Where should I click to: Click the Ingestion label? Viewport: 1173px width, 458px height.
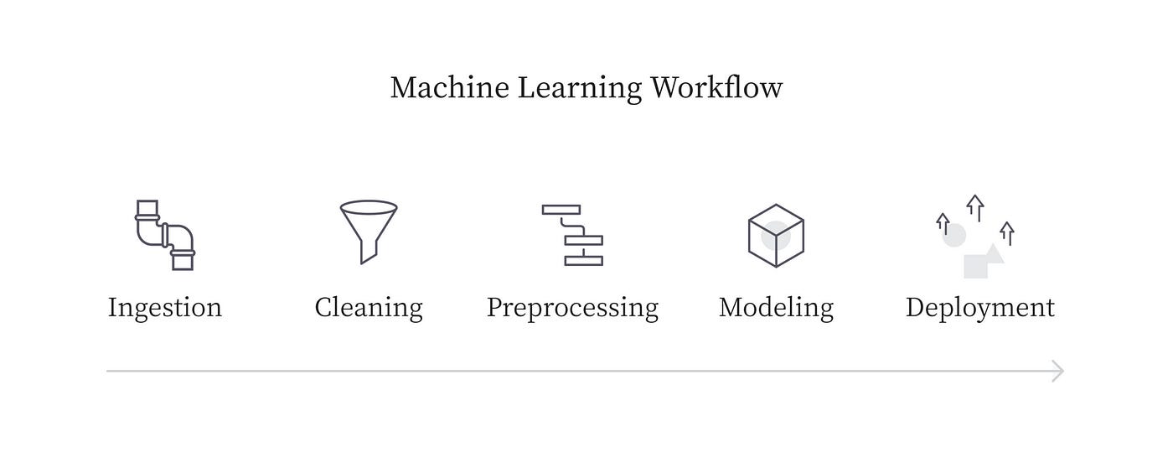click(165, 308)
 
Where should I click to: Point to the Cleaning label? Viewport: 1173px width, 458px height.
click(369, 308)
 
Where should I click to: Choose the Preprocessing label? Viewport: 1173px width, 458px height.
click(572, 308)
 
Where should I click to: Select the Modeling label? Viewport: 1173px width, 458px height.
click(776, 308)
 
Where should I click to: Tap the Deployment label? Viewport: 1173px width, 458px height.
click(979, 308)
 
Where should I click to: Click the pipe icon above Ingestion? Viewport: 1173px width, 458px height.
click(165, 235)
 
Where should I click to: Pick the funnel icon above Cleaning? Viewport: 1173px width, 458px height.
click(368, 226)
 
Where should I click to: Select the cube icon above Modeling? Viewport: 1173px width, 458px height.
click(776, 236)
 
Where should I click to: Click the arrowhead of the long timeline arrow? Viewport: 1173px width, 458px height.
click(1059, 371)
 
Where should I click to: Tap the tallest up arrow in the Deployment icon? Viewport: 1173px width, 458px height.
click(974, 206)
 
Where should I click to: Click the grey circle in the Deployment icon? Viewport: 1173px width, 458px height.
click(954, 235)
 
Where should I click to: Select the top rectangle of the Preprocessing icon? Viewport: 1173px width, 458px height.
click(561, 210)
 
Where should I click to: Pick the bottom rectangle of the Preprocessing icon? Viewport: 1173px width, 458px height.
click(583, 261)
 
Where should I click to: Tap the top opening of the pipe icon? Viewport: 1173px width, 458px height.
click(147, 206)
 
